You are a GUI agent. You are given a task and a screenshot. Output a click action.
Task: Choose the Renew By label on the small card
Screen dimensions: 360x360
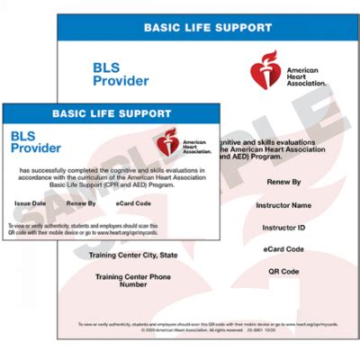click(82, 203)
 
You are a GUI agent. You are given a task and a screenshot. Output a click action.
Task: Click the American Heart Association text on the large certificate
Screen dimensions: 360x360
click(307, 76)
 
